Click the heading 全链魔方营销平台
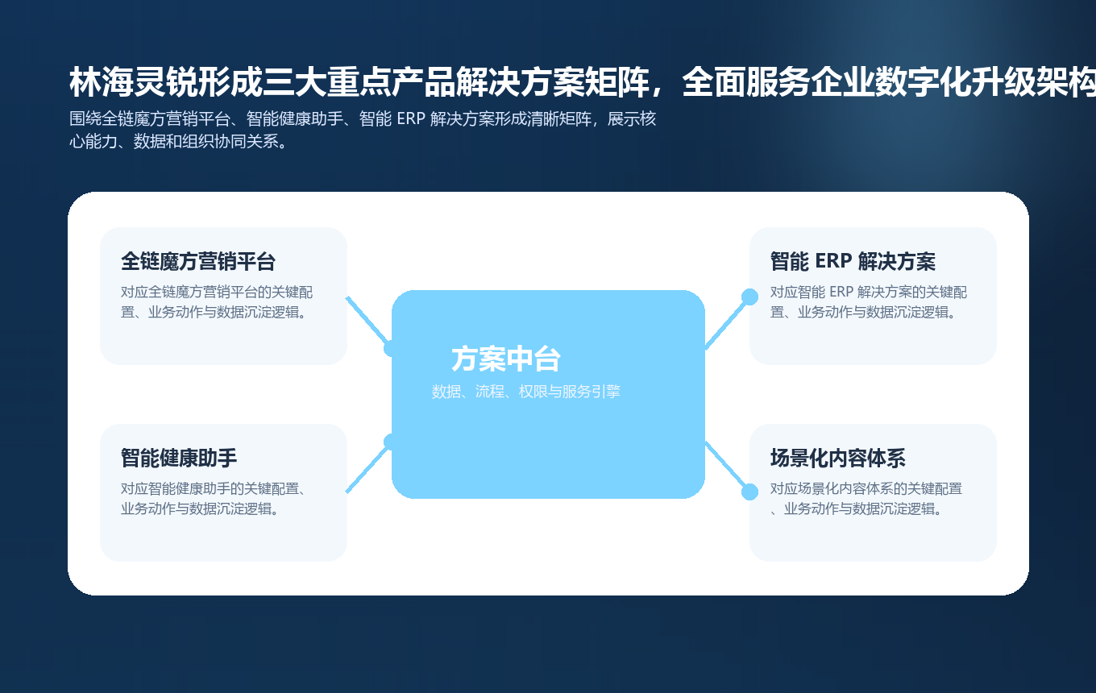[198, 262]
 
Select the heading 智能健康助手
[179, 459]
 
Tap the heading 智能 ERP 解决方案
[853, 262]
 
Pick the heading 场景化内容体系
[838, 459]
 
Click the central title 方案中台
[506, 359]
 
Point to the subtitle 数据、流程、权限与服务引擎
[525, 392]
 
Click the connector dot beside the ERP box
[749, 297]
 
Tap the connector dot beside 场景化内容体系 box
[749, 492]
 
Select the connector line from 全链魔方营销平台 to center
[366, 320]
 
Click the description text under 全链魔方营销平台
[216, 302]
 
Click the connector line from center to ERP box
[727, 322]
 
